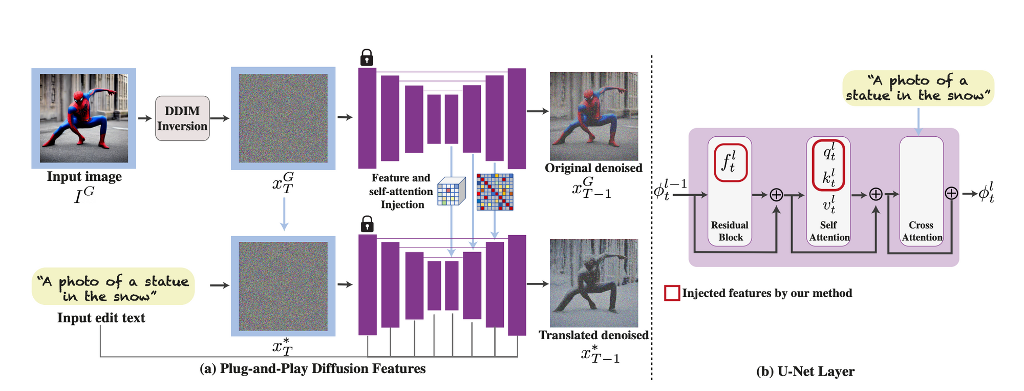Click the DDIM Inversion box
tap(182, 118)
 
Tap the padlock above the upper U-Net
tap(367, 57)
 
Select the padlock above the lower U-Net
tap(367, 224)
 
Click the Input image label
tap(84, 177)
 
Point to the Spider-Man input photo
tap(84, 118)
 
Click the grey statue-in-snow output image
tap(594, 283)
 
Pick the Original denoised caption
tap(593, 168)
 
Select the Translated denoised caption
tap(593, 335)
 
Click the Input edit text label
tap(101, 318)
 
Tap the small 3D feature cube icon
tap(451, 192)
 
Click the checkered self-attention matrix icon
tap(495, 192)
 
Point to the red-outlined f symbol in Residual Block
tap(731, 163)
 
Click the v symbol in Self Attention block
tap(828, 204)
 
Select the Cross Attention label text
tap(922, 231)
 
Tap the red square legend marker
tap(672, 293)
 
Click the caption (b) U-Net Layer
tap(805, 372)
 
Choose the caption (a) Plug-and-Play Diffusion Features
tap(312, 369)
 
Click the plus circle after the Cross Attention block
tap(951, 193)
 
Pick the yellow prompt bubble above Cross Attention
tap(919, 88)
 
